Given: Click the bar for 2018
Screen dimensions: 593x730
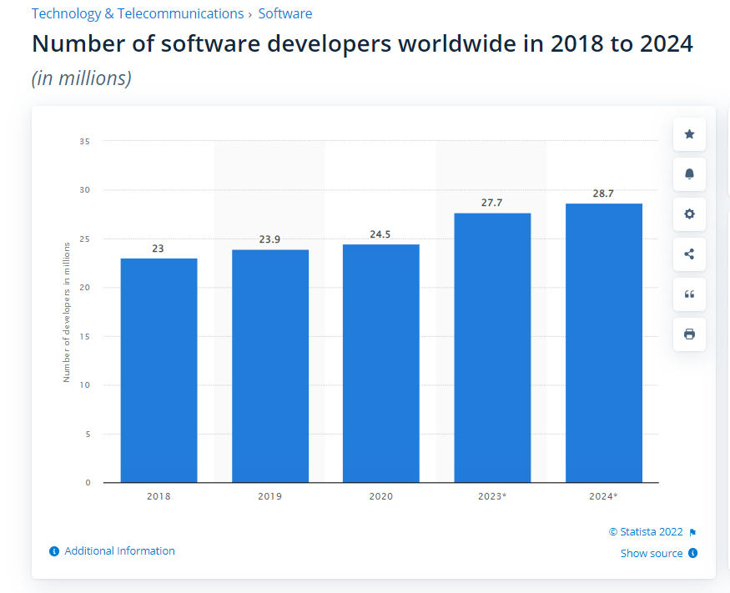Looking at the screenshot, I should (159, 370).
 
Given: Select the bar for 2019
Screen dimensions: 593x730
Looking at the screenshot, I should (270, 366).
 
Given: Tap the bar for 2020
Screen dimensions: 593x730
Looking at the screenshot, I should (380, 364).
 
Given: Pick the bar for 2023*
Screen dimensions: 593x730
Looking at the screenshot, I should (492, 348).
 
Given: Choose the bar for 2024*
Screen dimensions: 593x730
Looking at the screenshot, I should (603, 343).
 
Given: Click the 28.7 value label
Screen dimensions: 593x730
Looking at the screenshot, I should (603, 193).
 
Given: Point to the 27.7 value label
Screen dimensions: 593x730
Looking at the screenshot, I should (492, 203).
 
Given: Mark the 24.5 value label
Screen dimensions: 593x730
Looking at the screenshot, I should (380, 234).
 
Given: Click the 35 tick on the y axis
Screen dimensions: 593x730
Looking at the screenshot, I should (85, 142).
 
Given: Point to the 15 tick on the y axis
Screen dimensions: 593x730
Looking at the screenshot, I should (85, 336).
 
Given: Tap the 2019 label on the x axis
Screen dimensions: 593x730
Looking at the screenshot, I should (270, 496).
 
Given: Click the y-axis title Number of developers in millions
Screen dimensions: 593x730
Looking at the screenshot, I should (67, 312).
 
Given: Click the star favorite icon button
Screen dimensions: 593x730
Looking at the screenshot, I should (689, 134).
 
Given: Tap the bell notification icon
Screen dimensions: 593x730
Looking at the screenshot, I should (689, 174).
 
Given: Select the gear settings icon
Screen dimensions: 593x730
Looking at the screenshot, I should (689, 214).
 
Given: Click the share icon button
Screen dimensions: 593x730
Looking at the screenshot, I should (689, 254).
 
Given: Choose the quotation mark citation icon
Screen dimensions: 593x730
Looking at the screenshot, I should (689, 294).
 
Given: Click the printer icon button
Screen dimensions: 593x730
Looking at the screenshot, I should (689, 334).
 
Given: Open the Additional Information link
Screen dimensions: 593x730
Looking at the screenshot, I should (119, 551).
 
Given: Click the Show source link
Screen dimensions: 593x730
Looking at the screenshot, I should (652, 554).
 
